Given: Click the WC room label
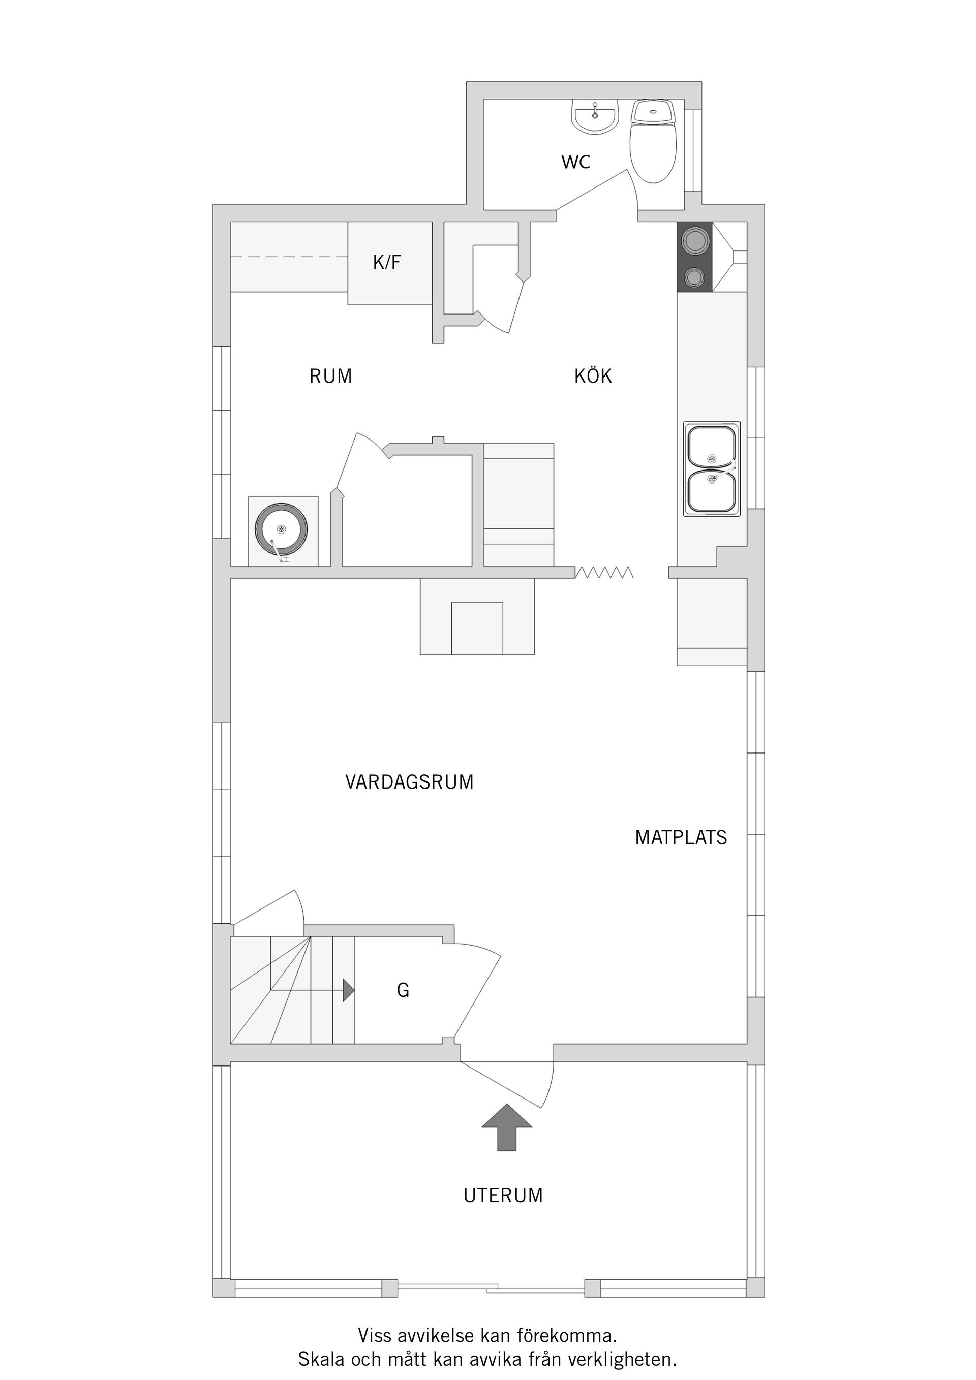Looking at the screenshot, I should pyautogui.click(x=575, y=162).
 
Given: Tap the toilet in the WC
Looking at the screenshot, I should pyautogui.click(x=653, y=147).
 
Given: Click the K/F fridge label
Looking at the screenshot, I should pyautogui.click(x=387, y=263).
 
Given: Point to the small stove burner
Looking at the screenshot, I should pyautogui.click(x=694, y=277).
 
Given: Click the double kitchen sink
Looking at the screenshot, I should pyautogui.click(x=711, y=469).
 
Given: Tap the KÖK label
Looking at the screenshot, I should pyautogui.click(x=592, y=377).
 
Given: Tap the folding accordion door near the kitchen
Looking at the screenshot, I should pyautogui.click(x=604, y=572).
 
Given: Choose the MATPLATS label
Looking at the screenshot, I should pyautogui.click(x=681, y=837).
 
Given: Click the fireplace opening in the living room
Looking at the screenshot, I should pyautogui.click(x=477, y=628).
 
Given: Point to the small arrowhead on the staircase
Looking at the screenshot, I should pyautogui.click(x=348, y=990).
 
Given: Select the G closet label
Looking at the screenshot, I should pyautogui.click(x=403, y=990).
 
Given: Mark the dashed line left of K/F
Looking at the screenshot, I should pyautogui.click(x=289, y=257).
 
